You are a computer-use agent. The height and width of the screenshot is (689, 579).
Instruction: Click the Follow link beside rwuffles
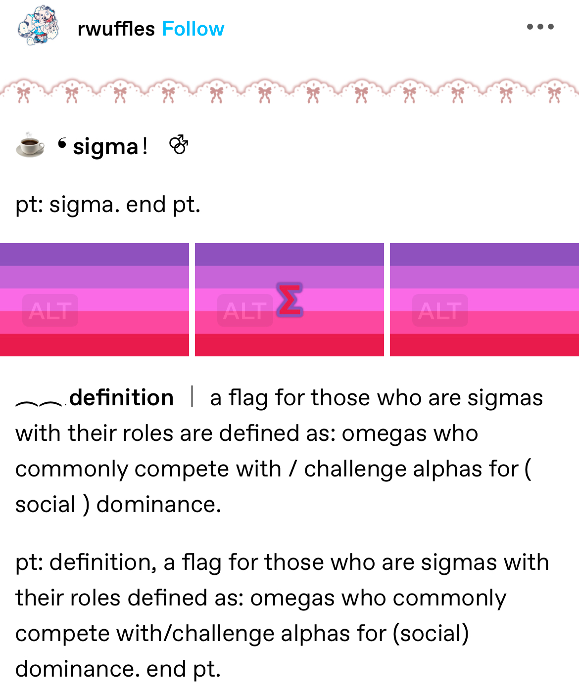(x=193, y=29)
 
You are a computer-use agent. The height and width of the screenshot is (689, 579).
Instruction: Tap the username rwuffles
(x=116, y=29)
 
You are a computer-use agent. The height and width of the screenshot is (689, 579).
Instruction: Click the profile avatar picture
(x=38, y=26)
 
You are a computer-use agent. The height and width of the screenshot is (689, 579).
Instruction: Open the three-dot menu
(x=540, y=27)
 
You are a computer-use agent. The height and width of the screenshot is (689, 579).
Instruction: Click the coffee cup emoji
(x=30, y=145)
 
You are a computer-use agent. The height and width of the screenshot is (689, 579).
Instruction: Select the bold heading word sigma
(x=105, y=147)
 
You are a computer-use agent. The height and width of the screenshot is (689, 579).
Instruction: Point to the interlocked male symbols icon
(x=179, y=144)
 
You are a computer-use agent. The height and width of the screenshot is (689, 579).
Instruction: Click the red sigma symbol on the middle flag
(x=290, y=300)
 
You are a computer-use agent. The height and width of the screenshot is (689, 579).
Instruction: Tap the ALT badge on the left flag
(x=50, y=310)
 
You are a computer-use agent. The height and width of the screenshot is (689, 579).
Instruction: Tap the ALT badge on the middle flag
(x=245, y=310)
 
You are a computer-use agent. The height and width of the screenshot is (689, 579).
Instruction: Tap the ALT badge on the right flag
(x=440, y=310)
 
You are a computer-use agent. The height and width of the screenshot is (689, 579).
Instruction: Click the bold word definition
(x=121, y=397)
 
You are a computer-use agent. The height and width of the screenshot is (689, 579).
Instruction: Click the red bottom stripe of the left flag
(x=95, y=345)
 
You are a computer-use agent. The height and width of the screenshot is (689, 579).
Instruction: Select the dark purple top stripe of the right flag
(x=484, y=255)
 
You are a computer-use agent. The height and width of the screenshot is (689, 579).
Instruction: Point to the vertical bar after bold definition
(x=192, y=396)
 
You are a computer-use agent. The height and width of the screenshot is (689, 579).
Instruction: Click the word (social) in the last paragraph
(x=431, y=634)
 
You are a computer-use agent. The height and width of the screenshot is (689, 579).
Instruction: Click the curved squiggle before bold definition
(x=39, y=403)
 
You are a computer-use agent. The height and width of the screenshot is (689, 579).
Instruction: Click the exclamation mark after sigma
(x=145, y=147)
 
